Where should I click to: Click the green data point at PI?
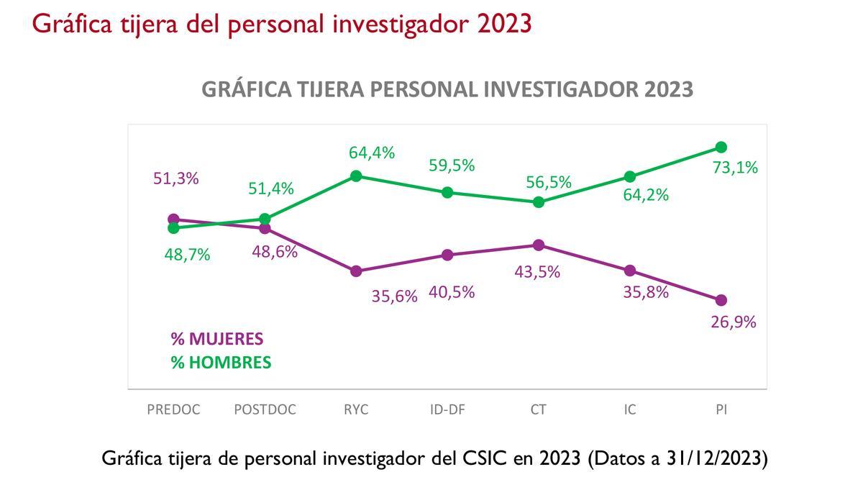[x=721, y=148]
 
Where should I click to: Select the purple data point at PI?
[x=721, y=300]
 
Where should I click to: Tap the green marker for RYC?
[x=355, y=176]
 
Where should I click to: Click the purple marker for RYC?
[x=355, y=271]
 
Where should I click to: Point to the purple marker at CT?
[x=538, y=245]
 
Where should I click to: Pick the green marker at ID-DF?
[x=447, y=192]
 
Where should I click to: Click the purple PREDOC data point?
[x=173, y=219]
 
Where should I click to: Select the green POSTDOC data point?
[x=264, y=219]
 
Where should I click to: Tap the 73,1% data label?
[x=735, y=168]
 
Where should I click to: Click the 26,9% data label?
[x=733, y=322]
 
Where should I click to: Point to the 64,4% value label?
[x=372, y=153]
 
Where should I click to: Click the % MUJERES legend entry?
[x=216, y=339]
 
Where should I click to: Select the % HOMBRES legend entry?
[x=221, y=363]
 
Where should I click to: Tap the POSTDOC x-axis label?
[x=265, y=409]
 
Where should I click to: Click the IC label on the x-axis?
[x=629, y=409]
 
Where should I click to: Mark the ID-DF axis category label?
[x=447, y=409]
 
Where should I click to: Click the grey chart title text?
[x=447, y=89]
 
